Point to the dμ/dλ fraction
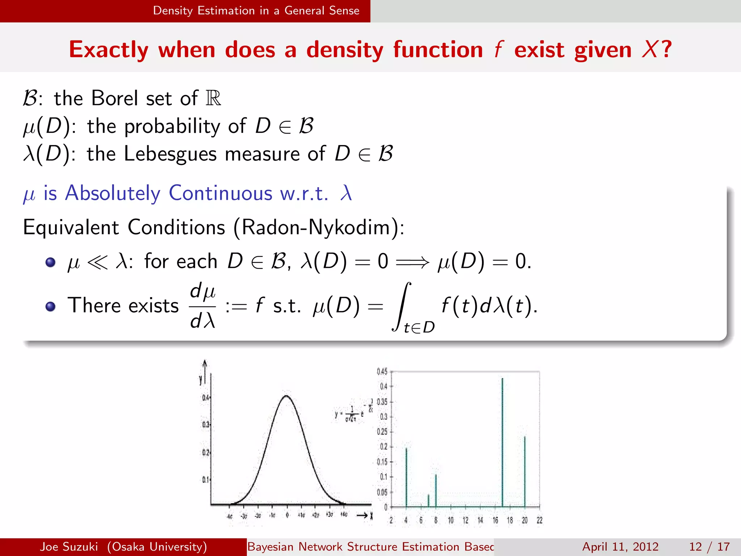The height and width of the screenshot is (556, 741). click(x=203, y=306)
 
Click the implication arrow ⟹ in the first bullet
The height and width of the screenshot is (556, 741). click(x=412, y=261)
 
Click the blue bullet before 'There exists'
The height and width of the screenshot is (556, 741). click(x=51, y=307)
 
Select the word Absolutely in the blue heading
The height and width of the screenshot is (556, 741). click(x=113, y=193)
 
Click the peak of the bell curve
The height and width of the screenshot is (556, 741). click(x=287, y=396)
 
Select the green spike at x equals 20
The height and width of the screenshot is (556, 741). click(x=525, y=471)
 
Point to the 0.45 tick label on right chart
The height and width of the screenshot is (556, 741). click(x=382, y=372)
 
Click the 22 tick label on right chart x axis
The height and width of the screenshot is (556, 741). click(x=539, y=521)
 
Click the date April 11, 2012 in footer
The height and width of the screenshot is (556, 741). click(x=620, y=547)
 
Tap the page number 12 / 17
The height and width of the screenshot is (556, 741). click(x=709, y=547)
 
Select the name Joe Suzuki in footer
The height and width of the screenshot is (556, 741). click(x=69, y=547)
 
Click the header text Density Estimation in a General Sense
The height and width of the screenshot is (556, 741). click(x=256, y=11)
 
